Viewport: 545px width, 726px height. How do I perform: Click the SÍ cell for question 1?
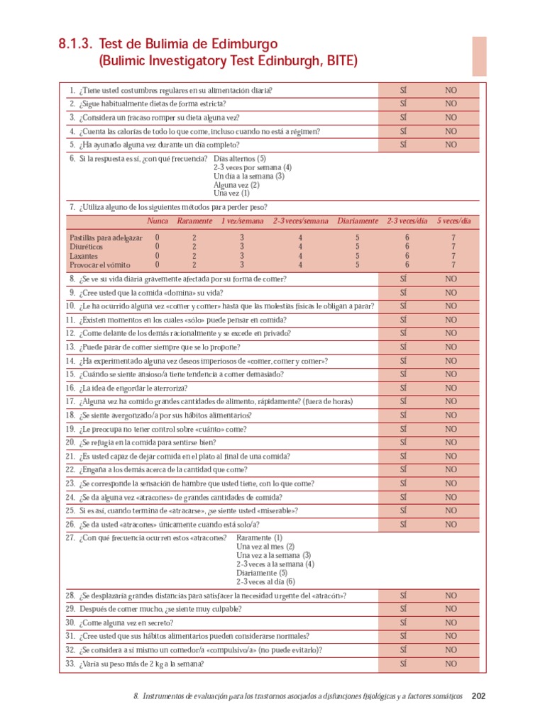[x=402, y=91]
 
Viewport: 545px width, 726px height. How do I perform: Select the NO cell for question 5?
[x=451, y=145]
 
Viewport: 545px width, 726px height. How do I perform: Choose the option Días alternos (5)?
[x=240, y=159]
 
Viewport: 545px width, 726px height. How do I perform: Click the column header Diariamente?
[x=358, y=221]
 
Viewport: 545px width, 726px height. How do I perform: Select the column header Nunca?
[x=158, y=221]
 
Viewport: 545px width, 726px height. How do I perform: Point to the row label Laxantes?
[x=84, y=256]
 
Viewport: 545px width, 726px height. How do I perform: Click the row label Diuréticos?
[x=86, y=247]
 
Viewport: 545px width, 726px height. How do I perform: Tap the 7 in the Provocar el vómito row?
[x=453, y=264]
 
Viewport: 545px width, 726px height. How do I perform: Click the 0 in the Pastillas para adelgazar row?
[x=158, y=238]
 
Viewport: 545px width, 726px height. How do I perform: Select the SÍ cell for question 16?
[x=402, y=388]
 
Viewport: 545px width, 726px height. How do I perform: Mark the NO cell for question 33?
[x=451, y=664]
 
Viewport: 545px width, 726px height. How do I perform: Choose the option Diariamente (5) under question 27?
[x=262, y=572]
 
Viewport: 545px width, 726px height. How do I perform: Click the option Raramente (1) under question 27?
[x=259, y=538]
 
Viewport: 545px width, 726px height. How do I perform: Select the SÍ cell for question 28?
[x=402, y=596]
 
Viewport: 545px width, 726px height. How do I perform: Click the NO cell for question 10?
[x=451, y=306]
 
